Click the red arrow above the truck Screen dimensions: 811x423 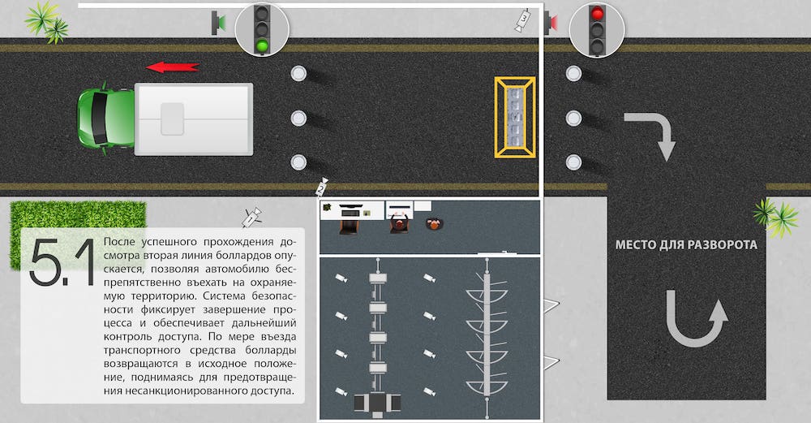[172, 67]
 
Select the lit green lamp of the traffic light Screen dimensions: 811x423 [262, 45]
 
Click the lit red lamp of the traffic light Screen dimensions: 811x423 [598, 13]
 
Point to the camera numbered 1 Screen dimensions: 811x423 [252, 217]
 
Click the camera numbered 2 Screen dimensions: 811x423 [322, 187]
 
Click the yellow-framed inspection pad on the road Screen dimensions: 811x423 [515, 117]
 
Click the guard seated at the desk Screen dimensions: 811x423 [399, 223]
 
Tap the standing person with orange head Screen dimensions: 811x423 [435, 223]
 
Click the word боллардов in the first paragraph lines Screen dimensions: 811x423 [248, 256]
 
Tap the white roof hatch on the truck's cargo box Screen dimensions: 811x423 [172, 119]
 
